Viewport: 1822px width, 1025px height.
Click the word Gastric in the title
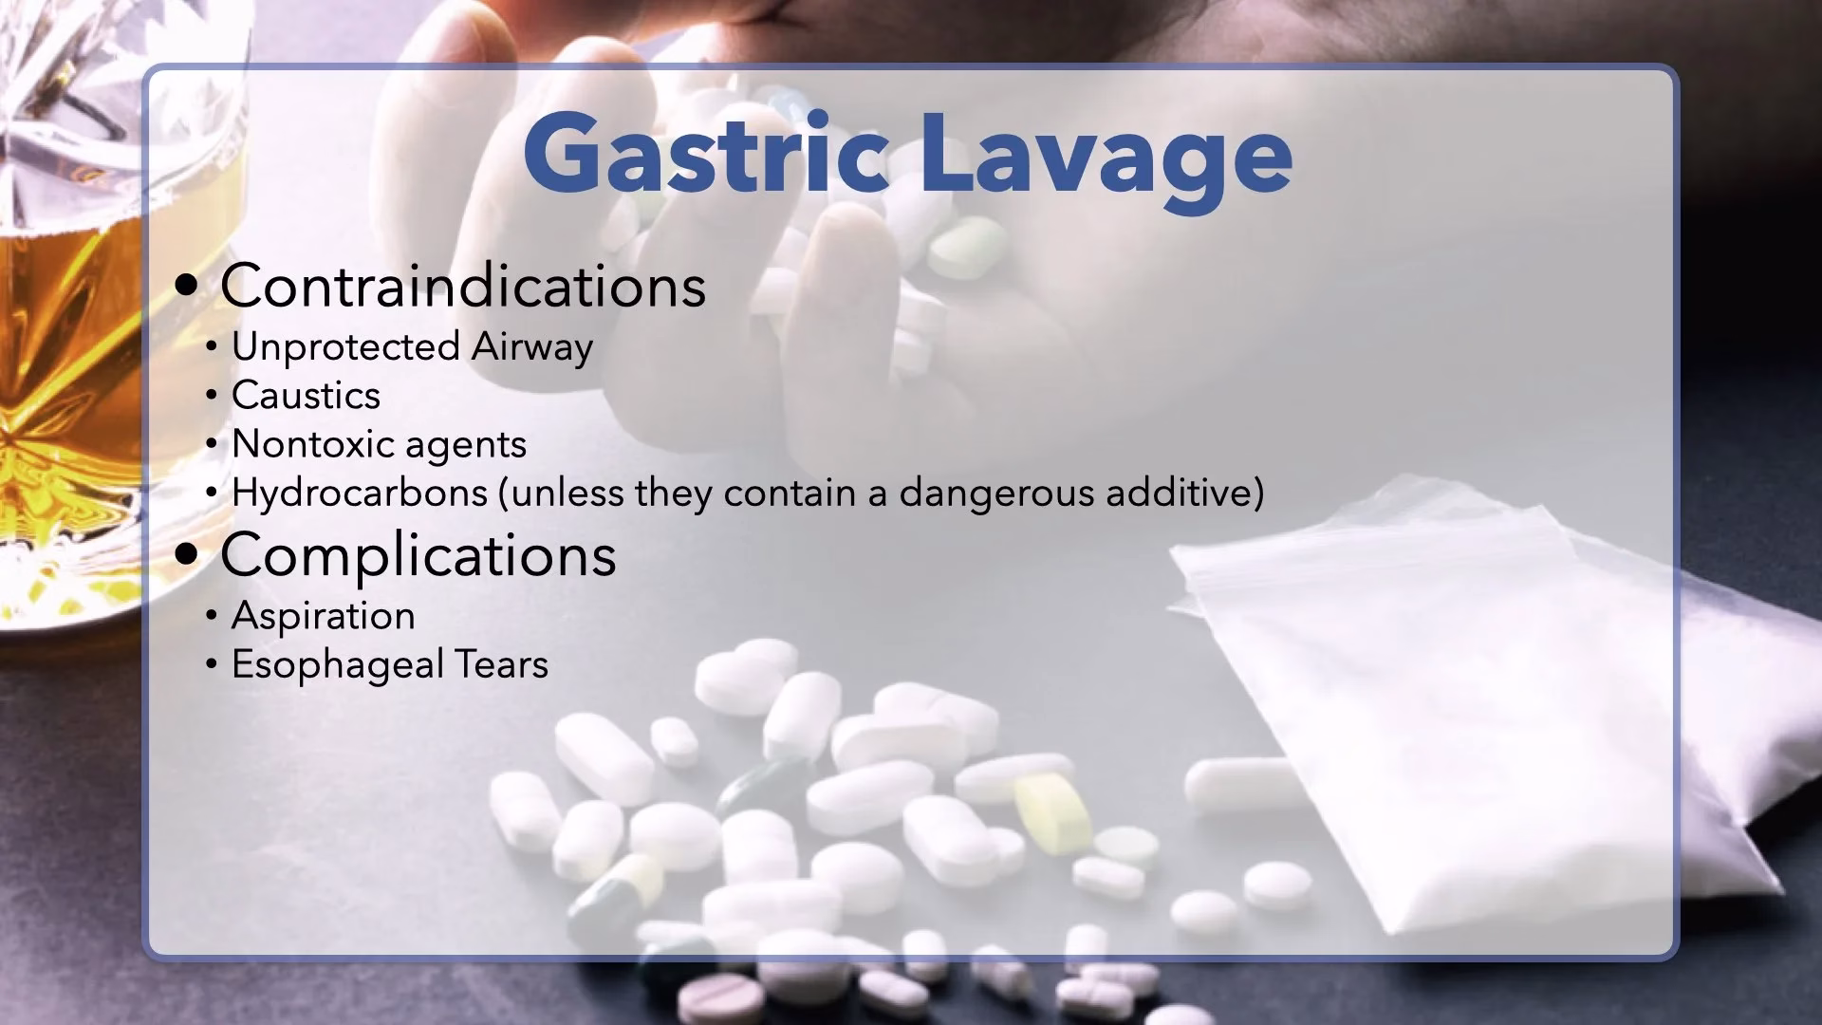tap(705, 153)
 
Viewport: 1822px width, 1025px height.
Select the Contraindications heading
tap(463, 285)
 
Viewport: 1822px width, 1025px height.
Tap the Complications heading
tap(418, 556)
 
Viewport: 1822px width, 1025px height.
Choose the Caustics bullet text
tap(306, 396)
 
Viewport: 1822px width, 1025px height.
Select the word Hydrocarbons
tap(360, 493)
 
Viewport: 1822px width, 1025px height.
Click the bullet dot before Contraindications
tap(188, 287)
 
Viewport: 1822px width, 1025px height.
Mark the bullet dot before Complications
tap(188, 556)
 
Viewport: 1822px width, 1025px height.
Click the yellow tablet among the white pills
tap(1054, 811)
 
